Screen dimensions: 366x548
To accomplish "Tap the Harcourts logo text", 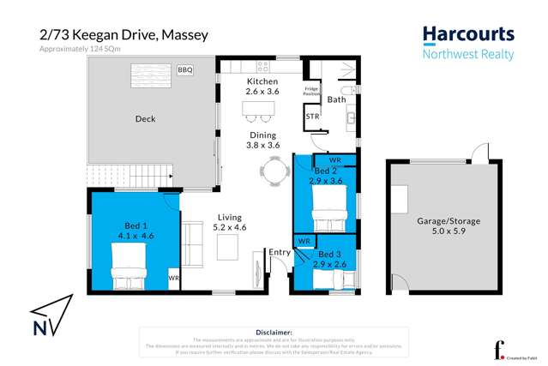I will coord(468,35).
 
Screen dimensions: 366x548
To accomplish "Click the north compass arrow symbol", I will coord(47,318).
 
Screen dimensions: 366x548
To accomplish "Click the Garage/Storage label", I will coord(437,221).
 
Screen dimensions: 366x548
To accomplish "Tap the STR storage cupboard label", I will coord(313,117).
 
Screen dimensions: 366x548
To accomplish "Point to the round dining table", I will coord(273,172).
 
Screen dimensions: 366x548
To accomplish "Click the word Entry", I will coord(280,252).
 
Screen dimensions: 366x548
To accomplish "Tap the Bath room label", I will coord(336,100).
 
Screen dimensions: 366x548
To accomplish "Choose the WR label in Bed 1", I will coord(173,279).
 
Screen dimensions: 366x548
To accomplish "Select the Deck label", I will coord(145,119).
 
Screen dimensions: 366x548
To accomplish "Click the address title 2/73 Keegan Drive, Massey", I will coord(123,35).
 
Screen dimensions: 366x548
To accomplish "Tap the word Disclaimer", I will coord(274,332).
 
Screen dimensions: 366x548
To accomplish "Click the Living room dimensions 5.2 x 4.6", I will coord(229,227).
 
